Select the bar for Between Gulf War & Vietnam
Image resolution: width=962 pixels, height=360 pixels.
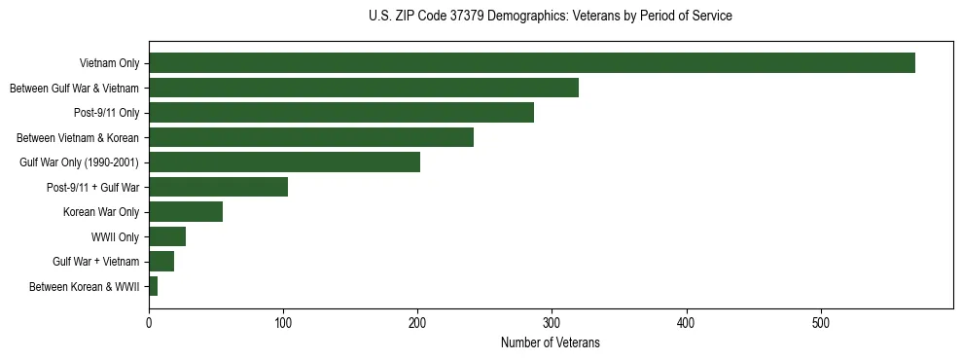click(364, 88)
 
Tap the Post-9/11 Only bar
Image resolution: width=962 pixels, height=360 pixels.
click(341, 113)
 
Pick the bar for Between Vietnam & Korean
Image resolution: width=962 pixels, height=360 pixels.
click(311, 137)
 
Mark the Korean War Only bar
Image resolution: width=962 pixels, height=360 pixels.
click(186, 212)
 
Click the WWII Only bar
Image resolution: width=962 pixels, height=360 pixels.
click(167, 236)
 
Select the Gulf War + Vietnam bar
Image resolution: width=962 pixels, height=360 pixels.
click(161, 261)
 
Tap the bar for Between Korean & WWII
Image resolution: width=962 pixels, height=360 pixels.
click(154, 286)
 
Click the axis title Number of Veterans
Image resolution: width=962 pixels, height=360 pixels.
click(550, 342)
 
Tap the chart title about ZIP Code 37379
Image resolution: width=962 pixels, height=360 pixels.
click(550, 17)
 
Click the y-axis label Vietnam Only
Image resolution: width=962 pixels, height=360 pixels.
click(109, 64)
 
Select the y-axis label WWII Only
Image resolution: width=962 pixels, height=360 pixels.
click(115, 237)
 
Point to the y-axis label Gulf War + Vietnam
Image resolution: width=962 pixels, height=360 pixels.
click(96, 262)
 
